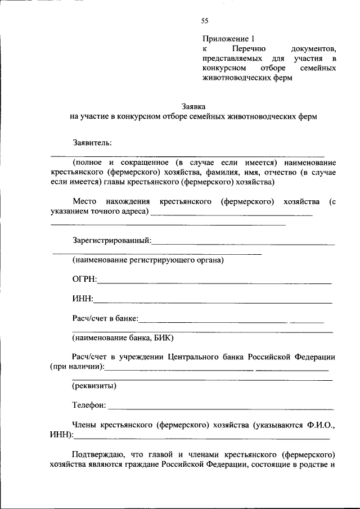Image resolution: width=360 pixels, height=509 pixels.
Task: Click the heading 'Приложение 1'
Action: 228,39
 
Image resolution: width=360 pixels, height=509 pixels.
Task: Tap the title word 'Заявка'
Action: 193,106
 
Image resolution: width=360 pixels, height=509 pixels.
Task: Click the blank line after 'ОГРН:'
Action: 214,282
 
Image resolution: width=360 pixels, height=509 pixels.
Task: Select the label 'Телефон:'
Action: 89,405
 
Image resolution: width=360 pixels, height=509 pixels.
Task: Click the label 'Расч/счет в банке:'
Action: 105,318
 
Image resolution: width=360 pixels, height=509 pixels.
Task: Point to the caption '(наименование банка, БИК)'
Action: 123,338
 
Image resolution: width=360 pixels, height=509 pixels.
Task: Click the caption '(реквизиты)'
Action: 94,386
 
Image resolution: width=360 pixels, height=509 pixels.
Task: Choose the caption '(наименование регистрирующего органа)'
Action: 148,260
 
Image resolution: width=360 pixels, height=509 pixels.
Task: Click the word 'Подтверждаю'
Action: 96,454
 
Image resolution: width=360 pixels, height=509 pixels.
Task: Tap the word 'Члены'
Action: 84,425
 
